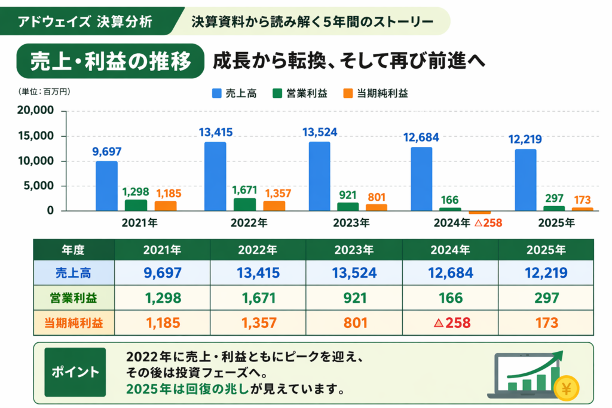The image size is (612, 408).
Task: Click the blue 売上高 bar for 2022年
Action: coord(215,176)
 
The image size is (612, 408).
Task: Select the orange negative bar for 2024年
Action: coord(479,212)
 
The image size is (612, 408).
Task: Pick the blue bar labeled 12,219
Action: coord(525,180)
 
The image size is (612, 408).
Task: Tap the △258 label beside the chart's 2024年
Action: coord(488,223)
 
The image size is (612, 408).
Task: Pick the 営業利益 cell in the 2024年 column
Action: coord(450,297)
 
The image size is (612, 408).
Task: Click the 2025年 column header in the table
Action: coord(546,249)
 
